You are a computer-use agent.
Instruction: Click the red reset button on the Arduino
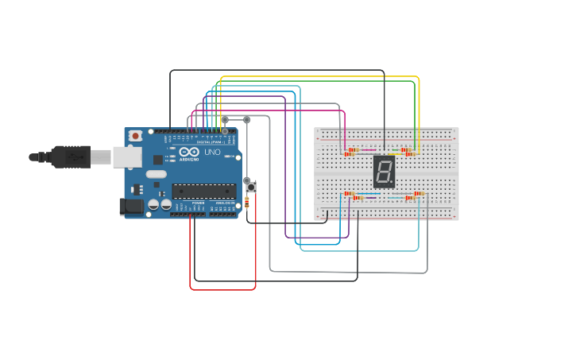click(x=136, y=136)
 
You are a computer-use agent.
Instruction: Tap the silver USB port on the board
click(x=101, y=157)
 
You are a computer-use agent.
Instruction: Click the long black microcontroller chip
click(x=204, y=191)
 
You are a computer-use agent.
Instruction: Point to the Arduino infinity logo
click(x=189, y=152)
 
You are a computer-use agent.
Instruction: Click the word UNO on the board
click(x=212, y=152)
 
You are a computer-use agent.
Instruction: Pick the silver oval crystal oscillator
click(x=157, y=174)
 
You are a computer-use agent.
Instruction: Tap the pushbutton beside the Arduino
click(x=251, y=186)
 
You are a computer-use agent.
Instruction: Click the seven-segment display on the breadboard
click(x=384, y=171)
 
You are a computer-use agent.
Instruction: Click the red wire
click(x=222, y=289)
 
